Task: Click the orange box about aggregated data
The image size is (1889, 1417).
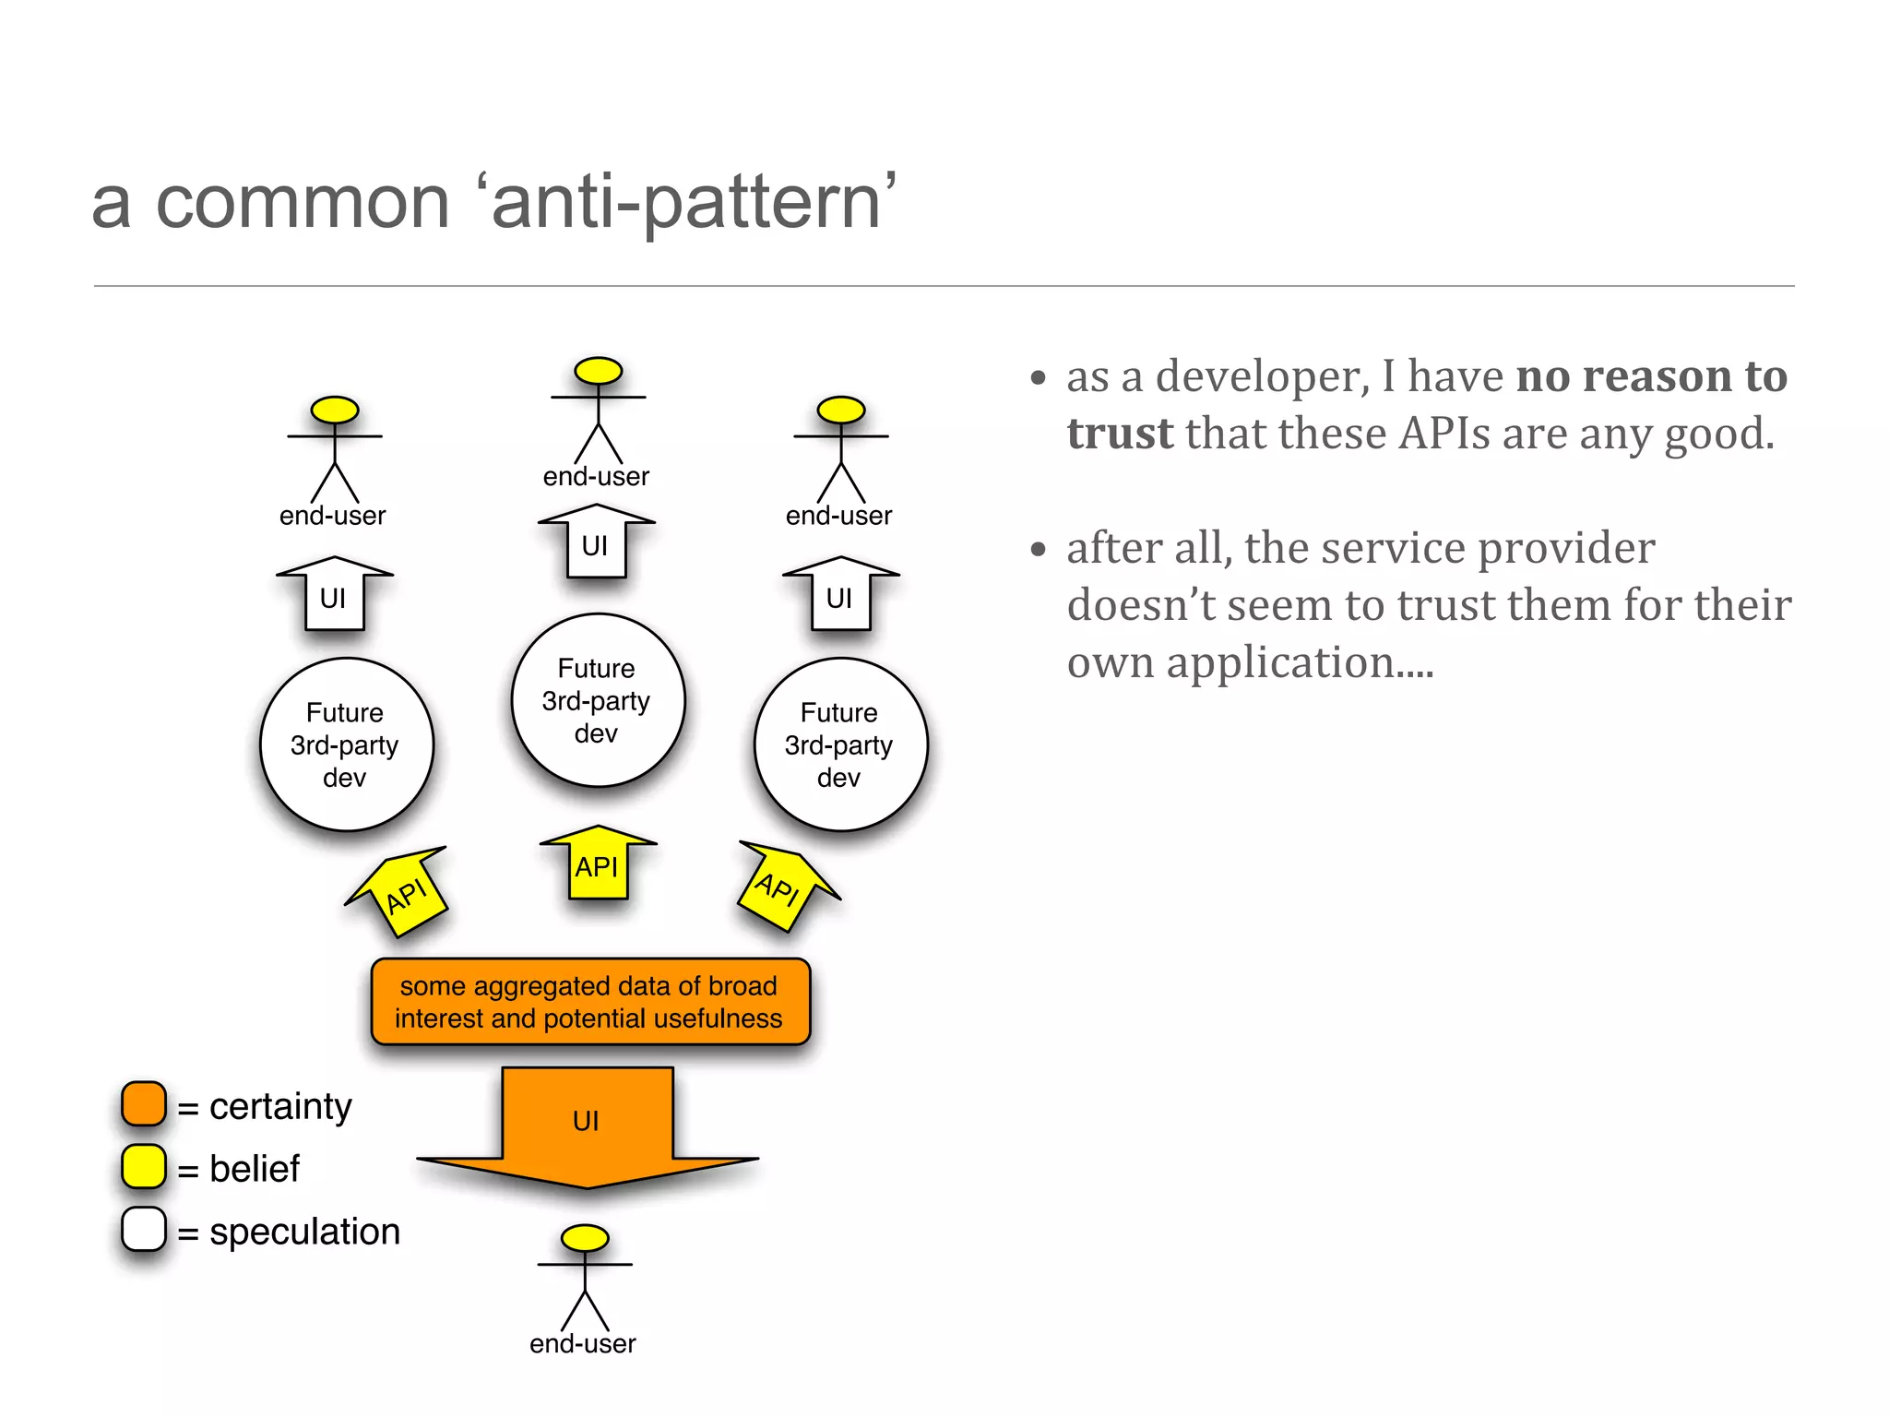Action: [x=590, y=1002]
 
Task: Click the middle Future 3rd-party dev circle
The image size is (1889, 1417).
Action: [x=598, y=700]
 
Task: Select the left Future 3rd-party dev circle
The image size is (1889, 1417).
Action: [x=346, y=744]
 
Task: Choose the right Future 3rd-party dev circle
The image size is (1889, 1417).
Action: [x=839, y=744]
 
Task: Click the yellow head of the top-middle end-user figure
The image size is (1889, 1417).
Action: [x=598, y=371]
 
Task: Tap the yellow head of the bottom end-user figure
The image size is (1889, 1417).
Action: [x=585, y=1238]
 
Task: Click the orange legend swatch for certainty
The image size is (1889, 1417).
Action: [x=144, y=1104]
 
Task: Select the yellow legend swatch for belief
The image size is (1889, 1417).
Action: [x=144, y=1167]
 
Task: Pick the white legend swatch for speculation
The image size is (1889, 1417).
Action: [x=144, y=1230]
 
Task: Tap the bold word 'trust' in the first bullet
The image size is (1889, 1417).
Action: [x=1120, y=434]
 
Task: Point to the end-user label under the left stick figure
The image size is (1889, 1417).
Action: [x=333, y=516]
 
